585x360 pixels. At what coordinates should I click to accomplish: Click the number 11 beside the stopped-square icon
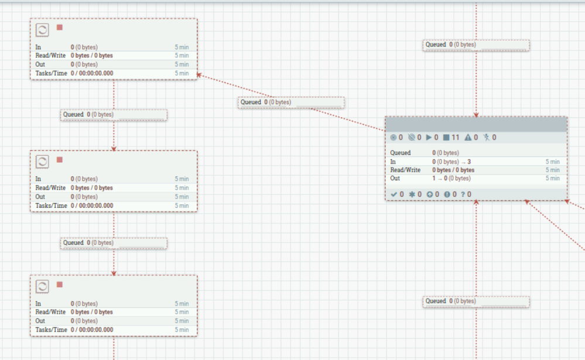coord(455,138)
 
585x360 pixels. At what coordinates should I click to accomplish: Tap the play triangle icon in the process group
coord(429,138)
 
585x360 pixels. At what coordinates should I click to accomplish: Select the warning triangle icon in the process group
coord(468,138)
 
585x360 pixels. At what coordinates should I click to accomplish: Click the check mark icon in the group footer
coord(394,194)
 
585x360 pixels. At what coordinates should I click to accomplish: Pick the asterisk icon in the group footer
coord(412,194)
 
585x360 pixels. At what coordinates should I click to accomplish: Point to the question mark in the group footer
coord(463,194)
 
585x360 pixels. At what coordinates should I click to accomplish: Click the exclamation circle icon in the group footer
coord(447,194)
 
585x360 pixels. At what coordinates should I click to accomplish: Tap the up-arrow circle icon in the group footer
coord(430,194)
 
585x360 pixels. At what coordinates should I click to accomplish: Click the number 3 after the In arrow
coord(469,162)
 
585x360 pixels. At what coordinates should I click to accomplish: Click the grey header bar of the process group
coord(476,124)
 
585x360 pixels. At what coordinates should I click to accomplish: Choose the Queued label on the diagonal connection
coord(251,102)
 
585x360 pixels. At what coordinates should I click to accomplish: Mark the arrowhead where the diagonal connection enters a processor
coord(199,75)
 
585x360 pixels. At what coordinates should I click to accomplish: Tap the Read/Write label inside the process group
coord(405,170)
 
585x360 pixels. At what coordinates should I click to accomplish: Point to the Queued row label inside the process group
coord(401,153)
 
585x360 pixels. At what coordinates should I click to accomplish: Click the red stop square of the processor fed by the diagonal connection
coord(60,28)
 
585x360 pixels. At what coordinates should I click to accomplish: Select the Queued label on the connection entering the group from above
coord(436,44)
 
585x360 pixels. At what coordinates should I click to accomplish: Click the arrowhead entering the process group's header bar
coord(476,115)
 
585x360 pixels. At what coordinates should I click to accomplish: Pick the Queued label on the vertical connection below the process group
coord(436,301)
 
